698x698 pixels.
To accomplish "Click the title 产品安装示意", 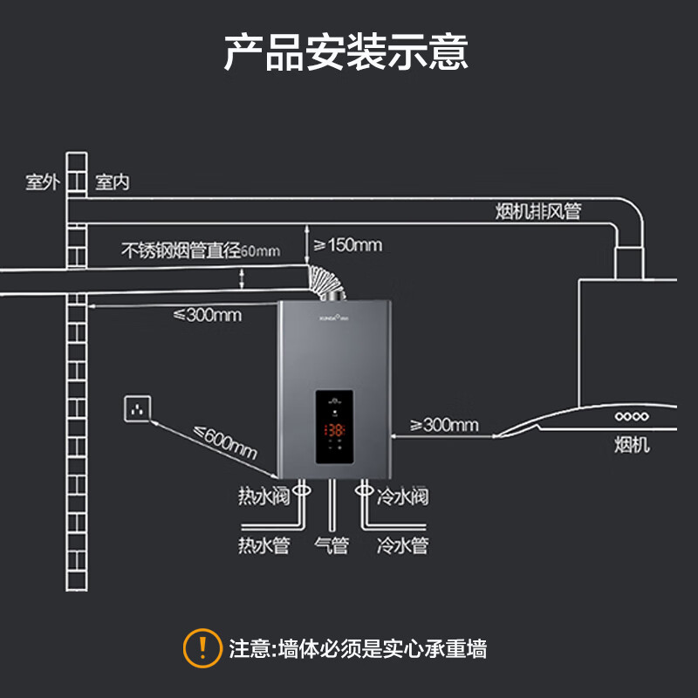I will click(346, 52).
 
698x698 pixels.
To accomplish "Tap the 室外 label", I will click(41, 182).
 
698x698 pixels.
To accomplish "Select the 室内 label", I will click(113, 182).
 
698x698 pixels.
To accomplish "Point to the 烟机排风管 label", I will click(537, 212).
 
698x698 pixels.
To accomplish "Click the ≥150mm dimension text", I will click(347, 245).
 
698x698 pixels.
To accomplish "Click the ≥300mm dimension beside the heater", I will click(444, 425).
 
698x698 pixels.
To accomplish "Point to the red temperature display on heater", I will click(335, 430).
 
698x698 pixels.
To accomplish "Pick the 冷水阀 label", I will click(402, 497).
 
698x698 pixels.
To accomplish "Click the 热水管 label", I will click(263, 546).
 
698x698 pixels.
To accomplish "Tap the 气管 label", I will click(332, 546).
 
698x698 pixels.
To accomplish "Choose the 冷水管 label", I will click(402, 546).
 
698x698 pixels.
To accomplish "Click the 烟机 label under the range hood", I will click(632, 447).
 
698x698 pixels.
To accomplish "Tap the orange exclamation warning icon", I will click(202, 647).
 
